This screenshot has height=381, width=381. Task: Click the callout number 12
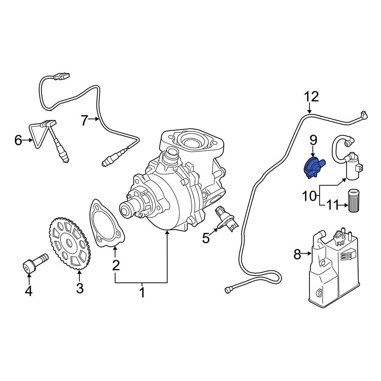[x=311, y=97]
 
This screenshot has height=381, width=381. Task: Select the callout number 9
[x=313, y=140]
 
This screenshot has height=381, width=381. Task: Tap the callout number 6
[x=18, y=140]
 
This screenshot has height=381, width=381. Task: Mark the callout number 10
[x=309, y=196]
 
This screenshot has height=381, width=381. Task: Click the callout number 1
[x=142, y=293]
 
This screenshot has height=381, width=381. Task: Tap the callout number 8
[x=298, y=254]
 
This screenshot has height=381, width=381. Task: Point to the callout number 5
[x=206, y=239]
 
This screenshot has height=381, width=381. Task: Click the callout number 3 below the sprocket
[x=79, y=288]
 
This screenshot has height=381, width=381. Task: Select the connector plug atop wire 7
[x=62, y=77]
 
